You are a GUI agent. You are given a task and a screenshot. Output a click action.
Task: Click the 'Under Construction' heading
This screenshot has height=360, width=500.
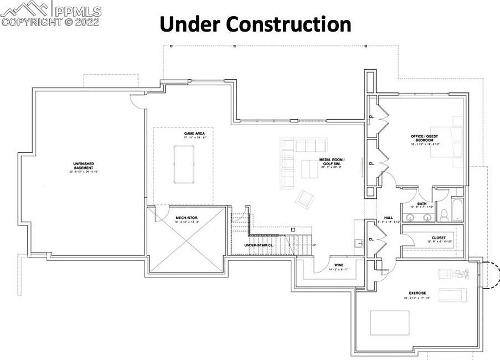tap(255, 25)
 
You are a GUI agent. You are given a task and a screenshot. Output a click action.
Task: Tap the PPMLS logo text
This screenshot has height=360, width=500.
tap(78, 10)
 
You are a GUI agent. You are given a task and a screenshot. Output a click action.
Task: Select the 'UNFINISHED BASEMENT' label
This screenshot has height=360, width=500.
tap(83, 166)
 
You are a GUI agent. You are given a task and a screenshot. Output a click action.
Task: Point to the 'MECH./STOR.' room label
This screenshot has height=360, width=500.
tap(187, 218)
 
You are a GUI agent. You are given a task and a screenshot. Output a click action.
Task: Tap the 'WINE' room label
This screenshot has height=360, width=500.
tap(339, 265)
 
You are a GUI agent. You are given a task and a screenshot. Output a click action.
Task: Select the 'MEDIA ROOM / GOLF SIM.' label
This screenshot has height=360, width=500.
tap(332, 162)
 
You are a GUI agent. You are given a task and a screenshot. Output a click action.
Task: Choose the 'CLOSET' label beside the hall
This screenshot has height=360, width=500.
tap(439, 238)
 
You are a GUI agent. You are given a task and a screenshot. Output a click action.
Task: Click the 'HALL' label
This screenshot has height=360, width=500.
tap(388, 218)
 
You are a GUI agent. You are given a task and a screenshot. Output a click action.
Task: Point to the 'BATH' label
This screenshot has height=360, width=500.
tap(422, 203)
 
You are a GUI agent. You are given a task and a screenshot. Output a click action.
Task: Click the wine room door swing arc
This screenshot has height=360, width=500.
tap(323, 266)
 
